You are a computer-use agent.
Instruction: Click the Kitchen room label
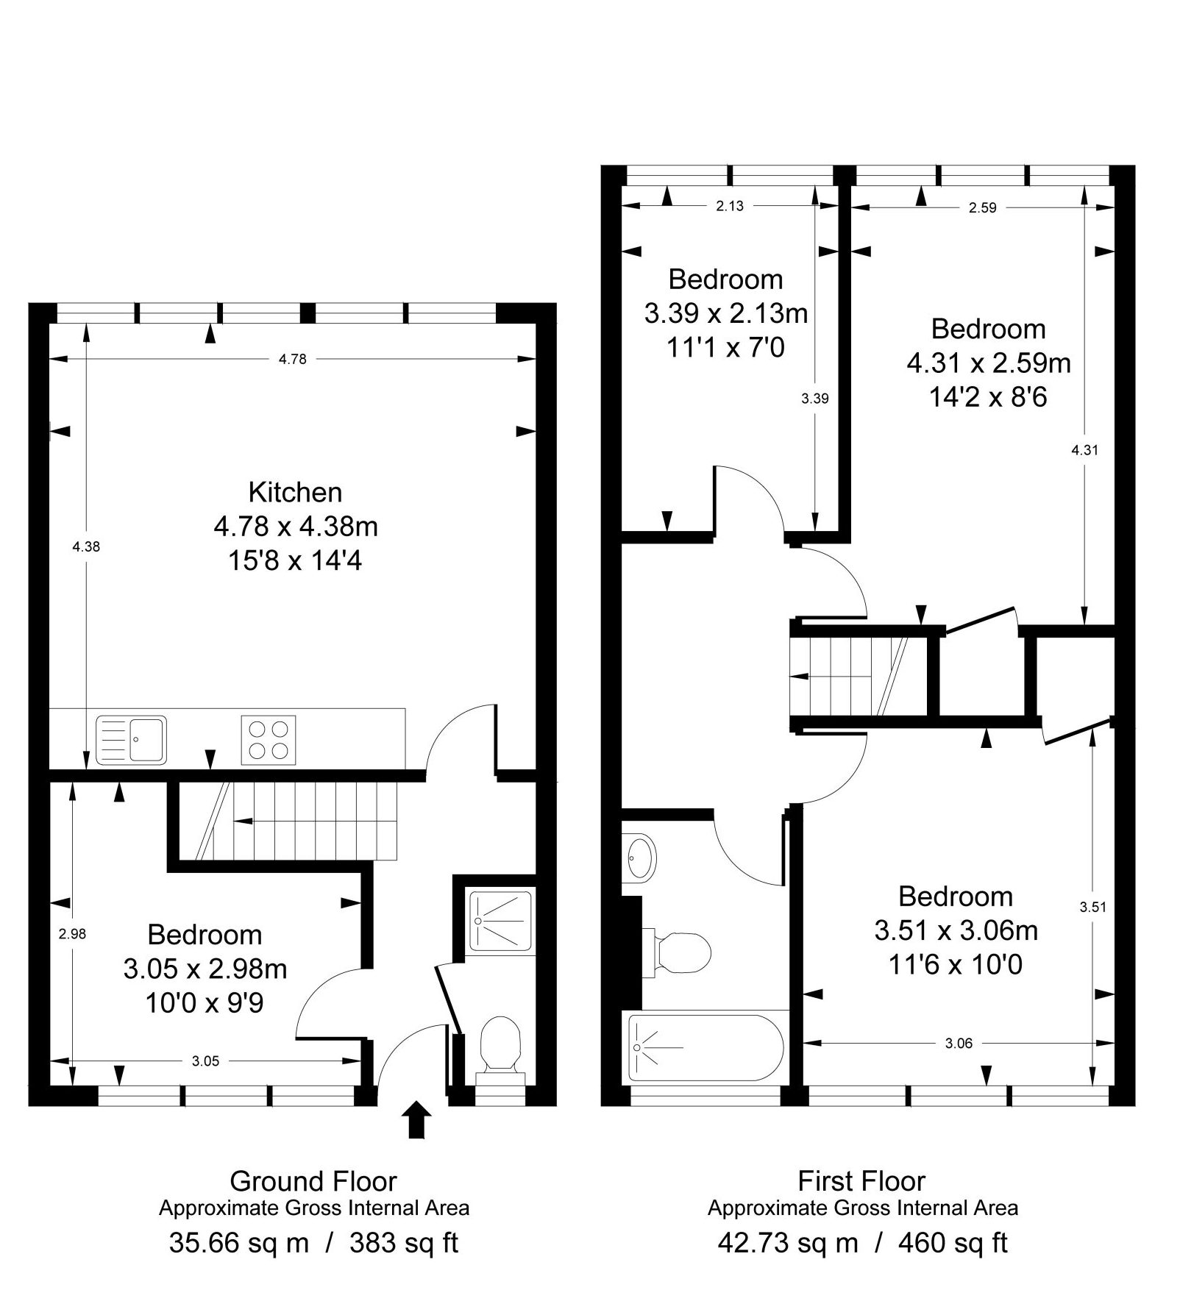coord(295,492)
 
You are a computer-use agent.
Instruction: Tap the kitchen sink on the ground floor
coord(131,739)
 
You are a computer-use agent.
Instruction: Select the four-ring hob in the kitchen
coord(269,739)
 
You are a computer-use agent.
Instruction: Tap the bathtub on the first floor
coord(705,1047)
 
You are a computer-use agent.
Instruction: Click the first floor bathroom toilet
coord(680,952)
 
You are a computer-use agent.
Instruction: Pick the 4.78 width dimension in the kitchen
coord(292,360)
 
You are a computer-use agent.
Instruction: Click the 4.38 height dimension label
coord(86,546)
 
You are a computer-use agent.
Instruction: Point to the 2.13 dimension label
coord(730,207)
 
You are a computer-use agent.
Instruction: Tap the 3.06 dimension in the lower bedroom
coord(959,1043)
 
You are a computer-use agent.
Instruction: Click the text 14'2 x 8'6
coord(988,397)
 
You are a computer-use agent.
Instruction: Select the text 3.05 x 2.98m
coord(205,969)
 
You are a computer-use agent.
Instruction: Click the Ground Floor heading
coord(313,1181)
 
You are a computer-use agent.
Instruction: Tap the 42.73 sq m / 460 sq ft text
coord(862,1242)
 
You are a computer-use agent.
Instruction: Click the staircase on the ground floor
coord(294,821)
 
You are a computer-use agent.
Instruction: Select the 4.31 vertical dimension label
coord(1085,450)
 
